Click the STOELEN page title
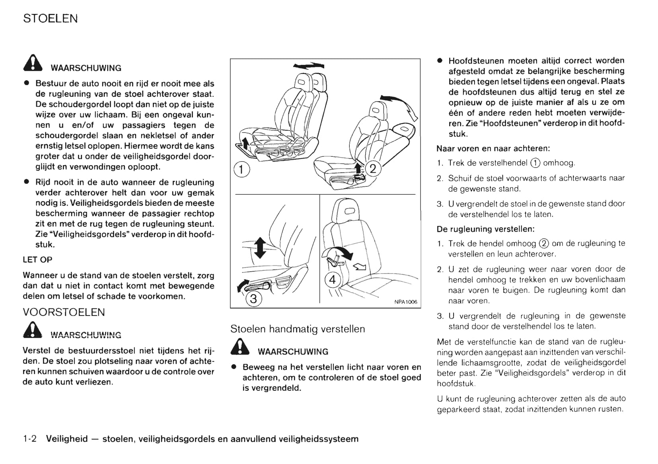tap(51, 19)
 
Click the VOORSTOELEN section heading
tap(64, 312)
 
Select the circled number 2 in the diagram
tap(373, 168)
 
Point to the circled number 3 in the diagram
tap(253, 298)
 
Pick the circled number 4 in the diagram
tap(333, 280)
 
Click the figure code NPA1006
tap(406, 302)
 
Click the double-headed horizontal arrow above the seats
tap(309, 66)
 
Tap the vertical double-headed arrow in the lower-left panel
tap(259, 247)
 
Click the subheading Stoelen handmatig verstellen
tap(298, 329)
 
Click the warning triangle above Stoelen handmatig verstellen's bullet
tap(240, 347)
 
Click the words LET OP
tap(37, 260)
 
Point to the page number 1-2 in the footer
tap(30, 439)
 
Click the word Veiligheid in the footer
tap(67, 439)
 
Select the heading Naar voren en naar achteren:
tap(493, 148)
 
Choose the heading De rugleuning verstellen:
tap(485, 229)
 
